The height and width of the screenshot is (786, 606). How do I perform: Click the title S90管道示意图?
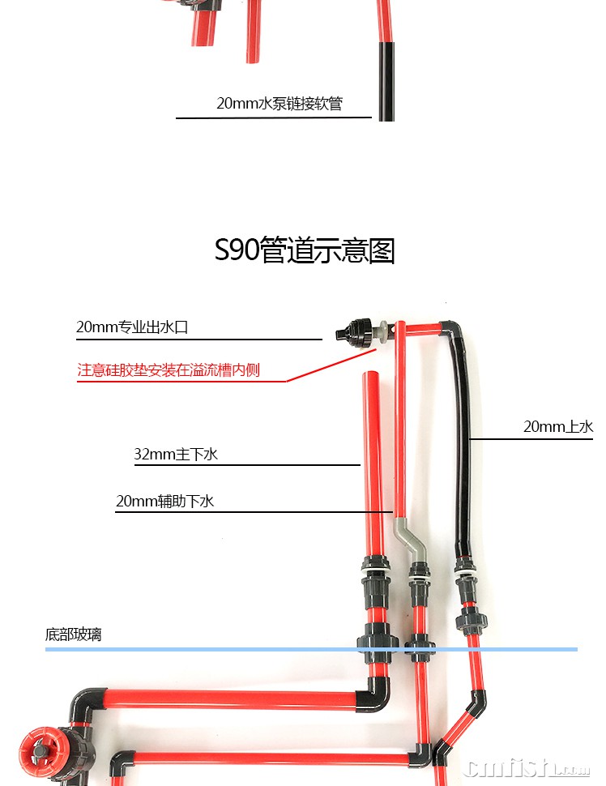pos(305,250)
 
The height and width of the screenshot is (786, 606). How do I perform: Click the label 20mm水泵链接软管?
pos(279,104)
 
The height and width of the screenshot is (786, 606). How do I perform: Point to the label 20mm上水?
pos(558,426)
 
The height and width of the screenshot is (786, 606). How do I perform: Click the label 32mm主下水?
pos(176,454)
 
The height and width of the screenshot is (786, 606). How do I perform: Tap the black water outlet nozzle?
pos(355,331)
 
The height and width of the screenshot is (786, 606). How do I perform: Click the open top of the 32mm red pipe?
pos(371,374)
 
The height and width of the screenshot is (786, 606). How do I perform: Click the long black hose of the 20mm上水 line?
pos(465,438)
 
